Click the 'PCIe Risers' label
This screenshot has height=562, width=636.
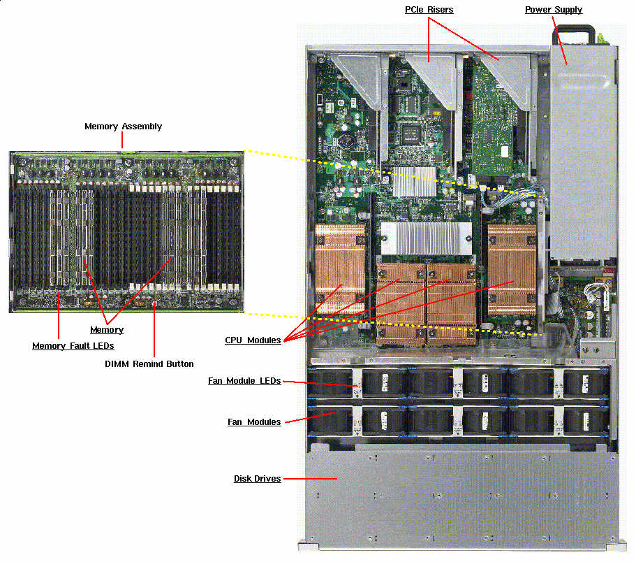click(429, 10)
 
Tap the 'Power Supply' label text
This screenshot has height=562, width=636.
click(554, 10)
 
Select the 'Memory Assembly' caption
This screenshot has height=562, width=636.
click(123, 127)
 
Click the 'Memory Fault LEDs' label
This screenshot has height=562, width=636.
click(73, 346)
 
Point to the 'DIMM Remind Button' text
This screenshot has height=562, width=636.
click(149, 364)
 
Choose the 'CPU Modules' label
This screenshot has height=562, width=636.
click(253, 340)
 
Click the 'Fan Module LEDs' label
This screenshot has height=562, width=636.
click(244, 381)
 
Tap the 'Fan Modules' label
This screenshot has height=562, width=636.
click(254, 422)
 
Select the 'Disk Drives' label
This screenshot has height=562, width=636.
click(257, 479)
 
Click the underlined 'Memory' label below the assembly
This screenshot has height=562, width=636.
click(107, 330)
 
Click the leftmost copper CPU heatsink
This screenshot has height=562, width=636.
click(340, 268)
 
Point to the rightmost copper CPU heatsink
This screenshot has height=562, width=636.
click(511, 268)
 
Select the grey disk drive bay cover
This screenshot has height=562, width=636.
click(461, 496)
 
